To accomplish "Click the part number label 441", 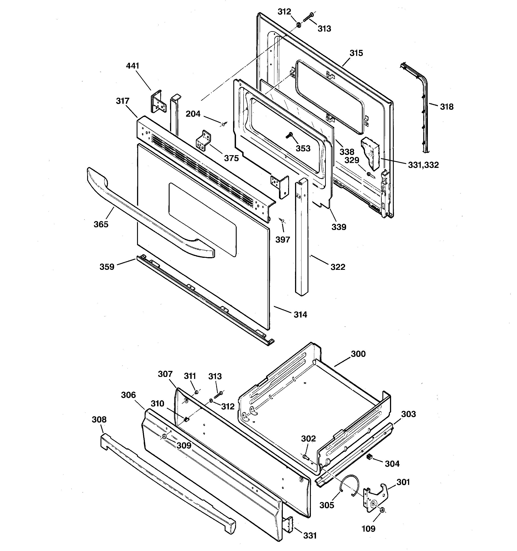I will pyautogui.click(x=132, y=66).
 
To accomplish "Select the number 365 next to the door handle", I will pyautogui.click(x=101, y=224).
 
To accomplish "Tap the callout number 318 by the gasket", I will pyautogui.click(x=447, y=107).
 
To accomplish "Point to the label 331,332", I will pyautogui.click(x=423, y=165).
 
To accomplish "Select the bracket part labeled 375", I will pyautogui.click(x=204, y=141).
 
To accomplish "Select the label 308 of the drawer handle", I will pyautogui.click(x=99, y=420).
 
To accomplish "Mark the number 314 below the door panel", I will pyautogui.click(x=300, y=315).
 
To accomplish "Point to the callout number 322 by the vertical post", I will pyautogui.click(x=338, y=267).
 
